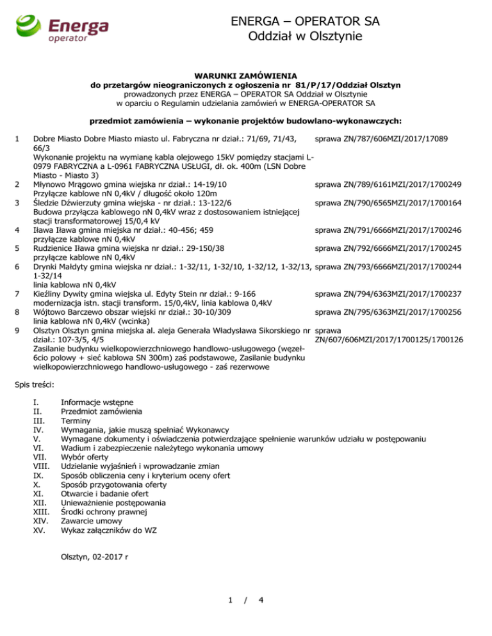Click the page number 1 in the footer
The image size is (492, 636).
230,618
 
